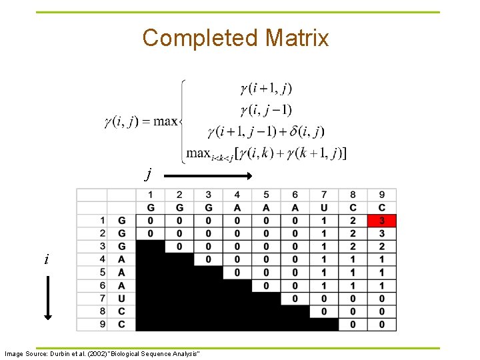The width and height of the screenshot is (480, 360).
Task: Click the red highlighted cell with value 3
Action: coord(381,221)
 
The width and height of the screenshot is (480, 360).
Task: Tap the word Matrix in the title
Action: coord(297,38)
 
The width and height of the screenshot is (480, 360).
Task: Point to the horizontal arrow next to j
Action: coord(207,176)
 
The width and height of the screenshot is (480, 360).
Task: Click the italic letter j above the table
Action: coord(149,175)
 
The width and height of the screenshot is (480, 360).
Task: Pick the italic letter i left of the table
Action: coord(46,259)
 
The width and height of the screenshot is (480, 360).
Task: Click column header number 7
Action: coord(324,195)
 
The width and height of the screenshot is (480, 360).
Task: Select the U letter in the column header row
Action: coord(324,207)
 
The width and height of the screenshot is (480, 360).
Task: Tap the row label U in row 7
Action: coord(121,298)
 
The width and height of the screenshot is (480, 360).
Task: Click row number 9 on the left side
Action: coord(103,324)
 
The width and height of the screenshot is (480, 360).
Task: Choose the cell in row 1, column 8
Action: coord(353,221)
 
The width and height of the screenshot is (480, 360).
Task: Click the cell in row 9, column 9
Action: coord(381,324)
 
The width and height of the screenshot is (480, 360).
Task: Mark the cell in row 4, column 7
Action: coord(324,259)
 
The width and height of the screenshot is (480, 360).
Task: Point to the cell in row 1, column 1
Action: coord(151,221)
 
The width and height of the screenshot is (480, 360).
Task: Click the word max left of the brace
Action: coord(165,121)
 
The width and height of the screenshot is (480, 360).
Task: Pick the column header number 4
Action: coord(237,195)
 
